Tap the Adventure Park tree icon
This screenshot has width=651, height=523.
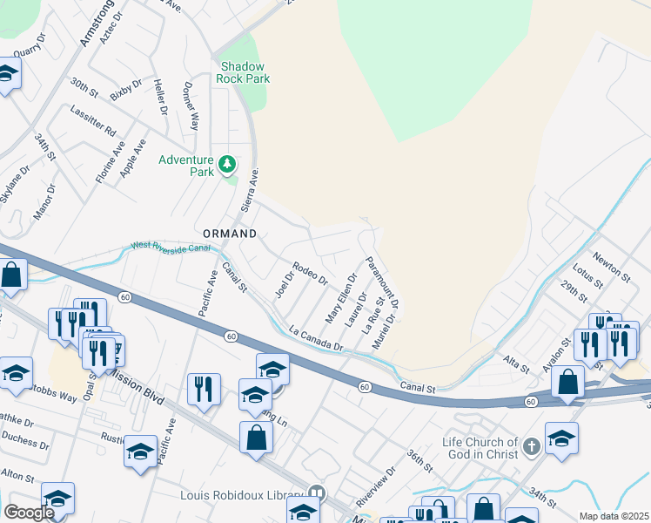[x=226, y=163]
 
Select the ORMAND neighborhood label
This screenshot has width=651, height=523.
[x=230, y=234]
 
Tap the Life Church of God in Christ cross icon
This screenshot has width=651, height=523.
[x=532, y=448]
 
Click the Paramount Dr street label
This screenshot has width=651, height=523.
[x=382, y=282]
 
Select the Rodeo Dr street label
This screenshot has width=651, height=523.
[x=310, y=275]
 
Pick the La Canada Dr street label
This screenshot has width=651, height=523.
[x=318, y=339]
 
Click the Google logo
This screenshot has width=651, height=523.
[x=29, y=512]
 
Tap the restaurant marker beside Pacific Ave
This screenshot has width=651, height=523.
[x=205, y=390]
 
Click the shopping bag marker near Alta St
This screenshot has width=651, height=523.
[x=567, y=382]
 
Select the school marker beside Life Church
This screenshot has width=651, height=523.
[x=561, y=438]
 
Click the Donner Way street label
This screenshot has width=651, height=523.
[x=191, y=106]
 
